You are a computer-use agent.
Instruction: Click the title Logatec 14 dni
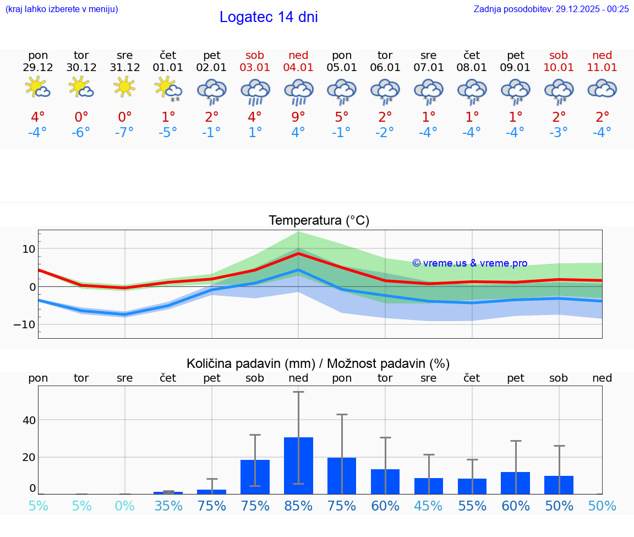269,17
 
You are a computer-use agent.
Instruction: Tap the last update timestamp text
551,9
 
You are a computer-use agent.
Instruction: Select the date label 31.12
125,68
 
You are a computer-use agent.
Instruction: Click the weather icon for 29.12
38,88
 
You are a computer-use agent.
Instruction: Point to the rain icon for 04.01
298,91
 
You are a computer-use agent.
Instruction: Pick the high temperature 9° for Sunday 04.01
298,117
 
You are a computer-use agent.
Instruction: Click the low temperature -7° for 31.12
125,133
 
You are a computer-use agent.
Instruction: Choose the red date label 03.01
255,68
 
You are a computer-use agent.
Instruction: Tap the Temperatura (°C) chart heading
319,221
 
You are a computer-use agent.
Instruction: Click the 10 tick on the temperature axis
29,249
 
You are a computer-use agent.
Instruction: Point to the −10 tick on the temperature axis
24,324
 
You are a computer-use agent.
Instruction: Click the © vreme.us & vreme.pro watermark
469,263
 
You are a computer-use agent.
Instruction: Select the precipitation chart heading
318,364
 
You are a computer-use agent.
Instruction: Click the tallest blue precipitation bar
298,465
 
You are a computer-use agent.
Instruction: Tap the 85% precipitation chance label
298,506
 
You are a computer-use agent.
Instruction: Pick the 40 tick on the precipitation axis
29,420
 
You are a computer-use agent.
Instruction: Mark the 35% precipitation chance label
168,506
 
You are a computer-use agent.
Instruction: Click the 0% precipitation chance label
125,506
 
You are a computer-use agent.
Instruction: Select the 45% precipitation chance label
429,506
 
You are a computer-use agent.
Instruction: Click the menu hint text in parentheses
62,9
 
